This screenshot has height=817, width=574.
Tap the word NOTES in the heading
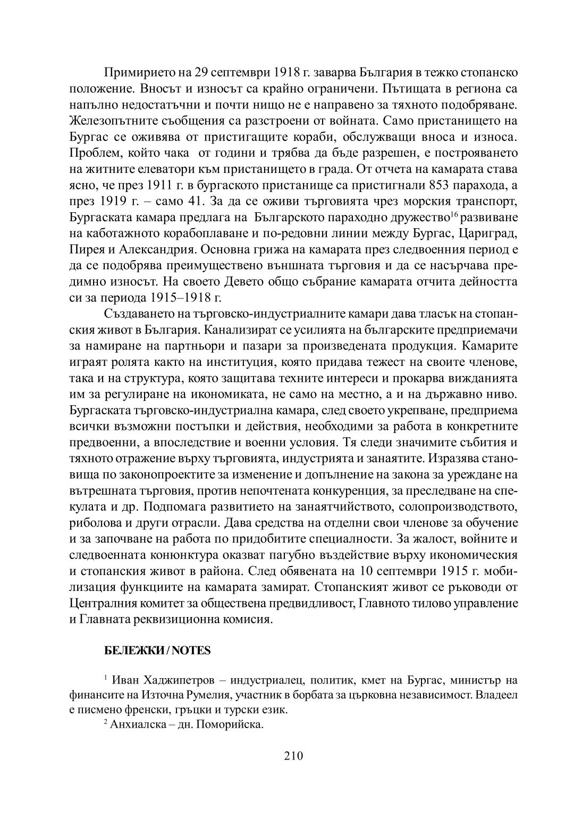tap(192, 651)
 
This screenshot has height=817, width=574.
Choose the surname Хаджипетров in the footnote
tap(161, 680)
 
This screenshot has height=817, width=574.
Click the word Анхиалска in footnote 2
tap(134, 726)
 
